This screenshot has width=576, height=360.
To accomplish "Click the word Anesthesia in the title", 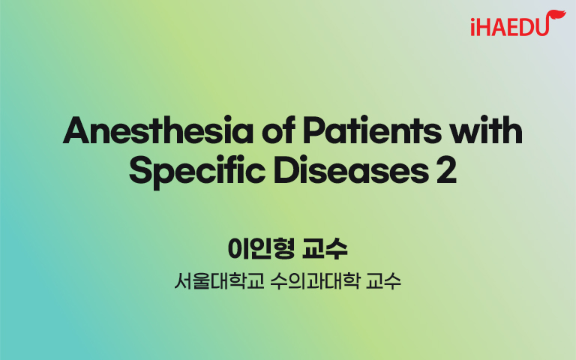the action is point(158,130).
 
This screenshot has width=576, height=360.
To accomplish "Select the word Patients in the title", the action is point(372,130).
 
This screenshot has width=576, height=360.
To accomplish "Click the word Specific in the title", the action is point(197,172).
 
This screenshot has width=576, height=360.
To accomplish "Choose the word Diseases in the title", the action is point(351,170).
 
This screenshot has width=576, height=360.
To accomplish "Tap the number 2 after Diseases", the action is point(447,170).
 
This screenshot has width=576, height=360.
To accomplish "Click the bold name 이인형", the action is point(261,248).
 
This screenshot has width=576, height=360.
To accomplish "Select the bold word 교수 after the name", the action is point(325,248).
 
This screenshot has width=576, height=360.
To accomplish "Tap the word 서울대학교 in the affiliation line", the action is point(219,281).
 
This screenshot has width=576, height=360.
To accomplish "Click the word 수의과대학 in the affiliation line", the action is point(314,281).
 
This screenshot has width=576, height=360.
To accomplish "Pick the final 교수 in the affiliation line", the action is point(383,281).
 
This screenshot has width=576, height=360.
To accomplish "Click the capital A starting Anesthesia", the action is point(76,130).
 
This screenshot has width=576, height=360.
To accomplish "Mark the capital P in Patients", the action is point(314,130).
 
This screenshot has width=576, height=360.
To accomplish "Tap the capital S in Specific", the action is point(141,170).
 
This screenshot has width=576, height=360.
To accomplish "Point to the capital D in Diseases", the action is point(286,170).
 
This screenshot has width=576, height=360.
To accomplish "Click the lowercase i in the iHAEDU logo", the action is point(473,27).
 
